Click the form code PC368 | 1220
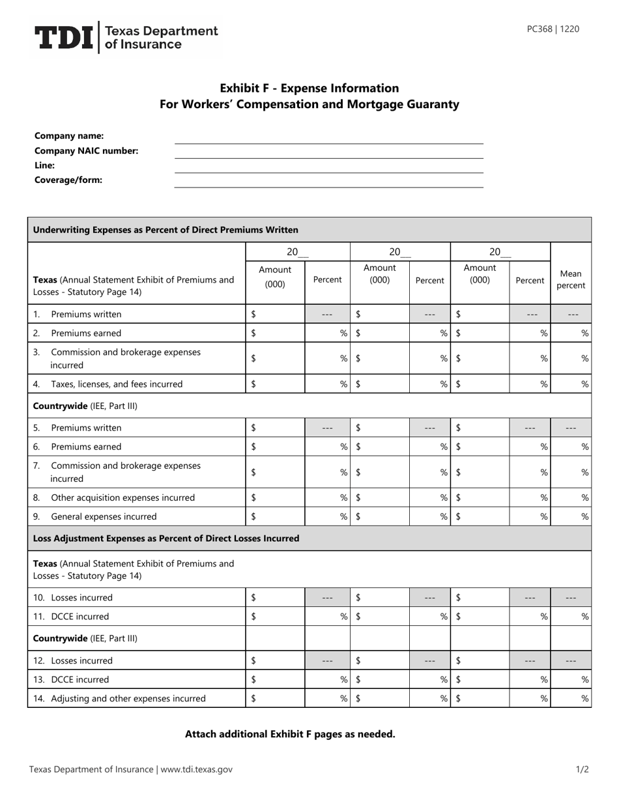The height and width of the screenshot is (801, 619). pos(553,29)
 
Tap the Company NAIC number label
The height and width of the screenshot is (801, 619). pos(86,151)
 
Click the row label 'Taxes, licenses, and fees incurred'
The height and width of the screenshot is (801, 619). pos(117,384)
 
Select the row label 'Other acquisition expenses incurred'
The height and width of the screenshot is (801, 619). pos(122,498)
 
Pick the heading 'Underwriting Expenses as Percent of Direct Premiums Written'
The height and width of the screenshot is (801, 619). pos(166,230)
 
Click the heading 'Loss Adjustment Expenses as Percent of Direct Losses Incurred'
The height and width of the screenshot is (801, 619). pos(166,539)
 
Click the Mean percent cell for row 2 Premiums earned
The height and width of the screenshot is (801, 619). pos(571,333)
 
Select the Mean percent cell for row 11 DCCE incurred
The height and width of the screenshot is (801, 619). pos(571,616)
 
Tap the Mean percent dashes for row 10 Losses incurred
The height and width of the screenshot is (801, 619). pos(571,598)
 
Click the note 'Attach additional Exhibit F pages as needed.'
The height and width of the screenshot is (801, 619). pos(290,734)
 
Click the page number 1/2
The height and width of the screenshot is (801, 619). pos(583,769)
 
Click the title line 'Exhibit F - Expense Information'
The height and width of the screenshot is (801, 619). pos(309,88)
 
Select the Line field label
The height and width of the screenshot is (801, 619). pos(44,165)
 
